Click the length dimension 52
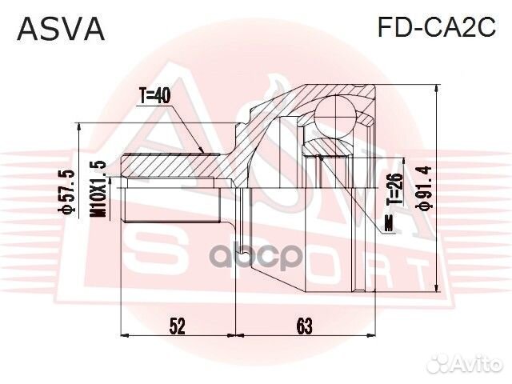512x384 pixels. (178, 326)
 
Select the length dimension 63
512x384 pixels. (303, 326)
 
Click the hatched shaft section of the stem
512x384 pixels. (172, 166)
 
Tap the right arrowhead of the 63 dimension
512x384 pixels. (369, 334)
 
